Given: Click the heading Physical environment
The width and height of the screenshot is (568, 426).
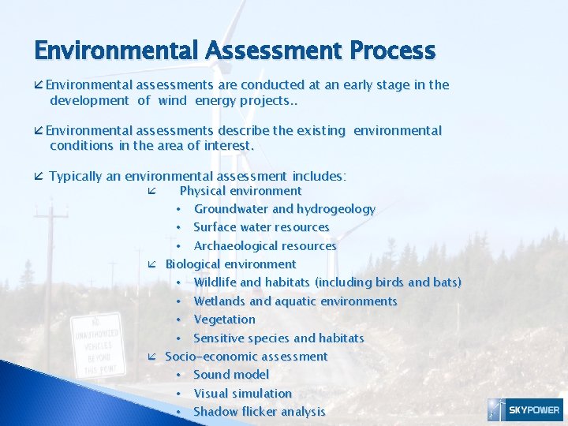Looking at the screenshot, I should click(241, 191).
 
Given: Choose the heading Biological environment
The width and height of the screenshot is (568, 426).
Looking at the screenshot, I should click(230, 264).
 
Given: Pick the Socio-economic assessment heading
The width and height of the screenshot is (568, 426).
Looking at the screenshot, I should click(245, 357).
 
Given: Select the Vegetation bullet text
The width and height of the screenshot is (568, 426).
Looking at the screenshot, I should click(224, 319).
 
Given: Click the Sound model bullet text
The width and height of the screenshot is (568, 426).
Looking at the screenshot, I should click(231, 375).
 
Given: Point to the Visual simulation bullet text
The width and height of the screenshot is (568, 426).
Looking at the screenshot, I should click(242, 394).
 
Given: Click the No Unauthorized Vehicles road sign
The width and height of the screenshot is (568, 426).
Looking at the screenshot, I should click(96, 345).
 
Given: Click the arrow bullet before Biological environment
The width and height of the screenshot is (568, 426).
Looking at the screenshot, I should click(152, 265).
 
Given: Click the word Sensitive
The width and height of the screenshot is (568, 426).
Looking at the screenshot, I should click(220, 338).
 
